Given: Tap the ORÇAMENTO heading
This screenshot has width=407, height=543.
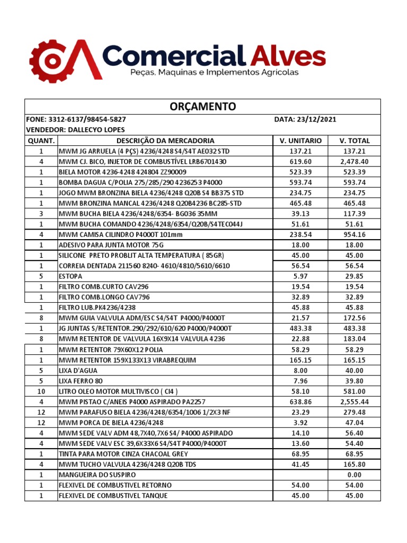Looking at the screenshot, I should click(203, 107).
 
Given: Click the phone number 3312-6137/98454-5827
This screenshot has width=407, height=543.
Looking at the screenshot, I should click(87, 120).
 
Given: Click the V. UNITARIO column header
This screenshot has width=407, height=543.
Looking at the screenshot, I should click(300, 141).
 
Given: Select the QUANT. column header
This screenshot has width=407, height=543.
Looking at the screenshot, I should click(41, 141).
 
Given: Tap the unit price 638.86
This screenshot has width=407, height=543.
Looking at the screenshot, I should click(300, 402).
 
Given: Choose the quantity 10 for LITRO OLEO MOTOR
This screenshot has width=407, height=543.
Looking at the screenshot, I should click(41, 391).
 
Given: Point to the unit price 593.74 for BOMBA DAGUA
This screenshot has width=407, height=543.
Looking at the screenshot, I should click(300, 182).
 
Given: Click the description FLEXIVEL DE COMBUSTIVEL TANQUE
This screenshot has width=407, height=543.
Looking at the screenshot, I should click(113, 496).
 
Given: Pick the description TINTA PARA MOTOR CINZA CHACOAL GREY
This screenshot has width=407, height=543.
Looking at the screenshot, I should click(123, 454).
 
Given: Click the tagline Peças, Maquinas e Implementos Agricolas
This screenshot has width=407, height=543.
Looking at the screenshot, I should click(215, 72).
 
